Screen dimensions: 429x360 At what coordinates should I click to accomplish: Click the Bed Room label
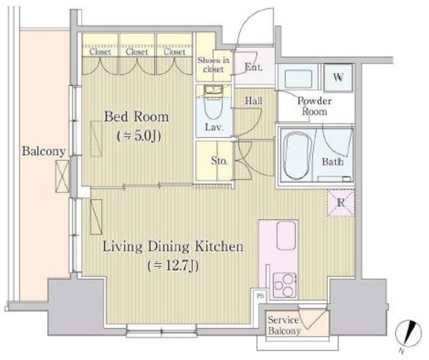[137, 117]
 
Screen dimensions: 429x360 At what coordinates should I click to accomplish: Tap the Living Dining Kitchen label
[173, 247]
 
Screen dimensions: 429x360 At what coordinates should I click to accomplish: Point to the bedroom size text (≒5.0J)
[139, 136]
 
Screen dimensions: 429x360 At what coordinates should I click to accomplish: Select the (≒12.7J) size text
[173, 265]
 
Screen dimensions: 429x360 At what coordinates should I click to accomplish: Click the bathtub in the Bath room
[298, 156]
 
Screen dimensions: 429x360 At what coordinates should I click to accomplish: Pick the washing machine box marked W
[338, 78]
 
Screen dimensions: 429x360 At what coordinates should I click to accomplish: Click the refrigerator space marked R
[341, 203]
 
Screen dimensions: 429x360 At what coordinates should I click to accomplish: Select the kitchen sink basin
[286, 235]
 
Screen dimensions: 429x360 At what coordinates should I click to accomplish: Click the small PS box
[261, 296]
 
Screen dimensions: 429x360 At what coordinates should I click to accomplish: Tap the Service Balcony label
[284, 325]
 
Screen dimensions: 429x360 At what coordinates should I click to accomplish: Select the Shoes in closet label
[213, 64]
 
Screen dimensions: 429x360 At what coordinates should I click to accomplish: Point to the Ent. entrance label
[253, 67]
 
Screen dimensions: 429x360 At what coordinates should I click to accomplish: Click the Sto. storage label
[219, 161]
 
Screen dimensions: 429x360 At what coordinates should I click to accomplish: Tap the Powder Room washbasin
[298, 79]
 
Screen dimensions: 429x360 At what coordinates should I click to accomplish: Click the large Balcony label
[44, 151]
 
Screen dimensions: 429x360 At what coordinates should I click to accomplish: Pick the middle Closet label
[137, 52]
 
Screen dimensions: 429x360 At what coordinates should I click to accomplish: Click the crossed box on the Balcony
[62, 176]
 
